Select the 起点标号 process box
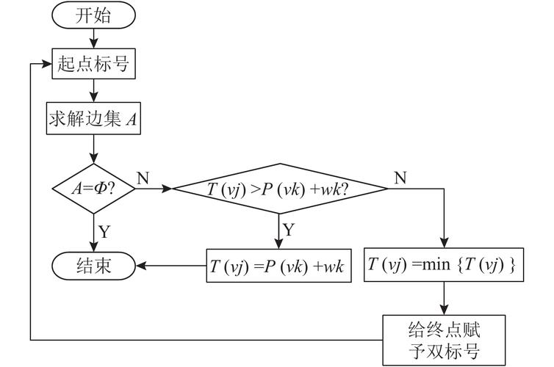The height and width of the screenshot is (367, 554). pos(94,64)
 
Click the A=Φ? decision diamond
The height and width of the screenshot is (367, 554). pos(94,188)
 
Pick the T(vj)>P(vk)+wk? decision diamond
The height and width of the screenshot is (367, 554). pos(278,189)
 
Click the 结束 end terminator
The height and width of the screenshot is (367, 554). pos(94,265)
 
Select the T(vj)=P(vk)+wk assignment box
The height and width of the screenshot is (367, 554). pos(278,265)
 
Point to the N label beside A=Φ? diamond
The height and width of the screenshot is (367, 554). pos(143,178)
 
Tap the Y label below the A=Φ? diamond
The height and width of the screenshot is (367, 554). pos(105,231)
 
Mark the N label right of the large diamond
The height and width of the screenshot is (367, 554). pos(400,178)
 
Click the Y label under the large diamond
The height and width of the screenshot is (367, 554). pos(289,230)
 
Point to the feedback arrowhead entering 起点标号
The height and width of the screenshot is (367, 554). pos(46,64)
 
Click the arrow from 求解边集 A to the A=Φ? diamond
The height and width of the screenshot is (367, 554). pos(94,150)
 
